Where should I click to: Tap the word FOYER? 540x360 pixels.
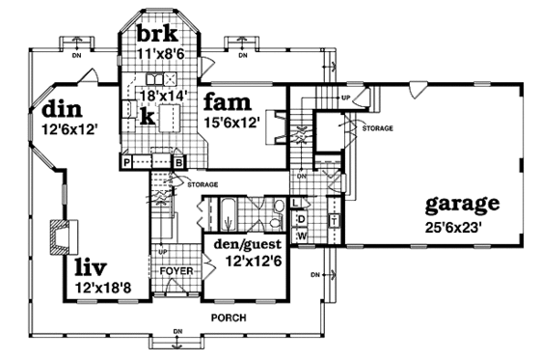tap(176, 271)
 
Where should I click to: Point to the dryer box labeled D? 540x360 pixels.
tap(301, 218)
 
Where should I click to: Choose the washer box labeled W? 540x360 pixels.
tap(301, 235)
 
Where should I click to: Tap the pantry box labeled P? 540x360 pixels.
tap(126, 164)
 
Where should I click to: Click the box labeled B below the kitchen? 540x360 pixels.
tap(178, 164)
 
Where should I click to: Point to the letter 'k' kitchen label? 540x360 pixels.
tap(144, 118)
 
